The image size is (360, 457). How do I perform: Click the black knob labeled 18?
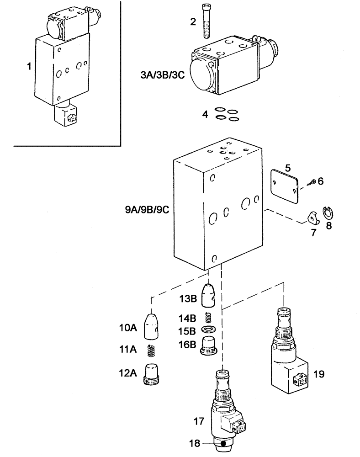coord(222,443)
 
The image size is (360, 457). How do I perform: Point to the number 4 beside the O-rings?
coord(206,114)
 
